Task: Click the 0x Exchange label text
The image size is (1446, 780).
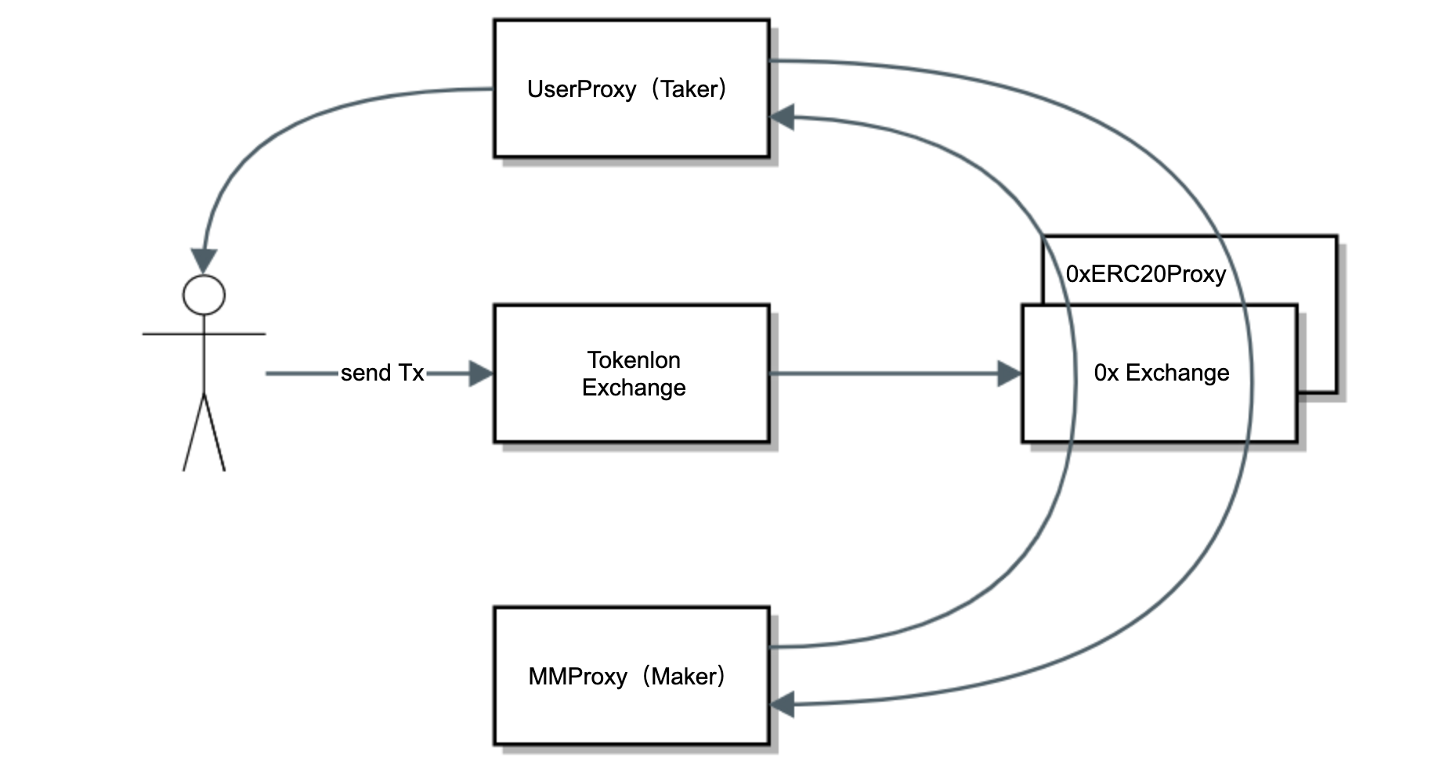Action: click(1161, 373)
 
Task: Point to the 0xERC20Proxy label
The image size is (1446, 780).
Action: click(1145, 274)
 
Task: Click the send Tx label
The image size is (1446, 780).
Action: click(382, 373)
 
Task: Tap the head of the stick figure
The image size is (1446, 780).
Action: click(204, 295)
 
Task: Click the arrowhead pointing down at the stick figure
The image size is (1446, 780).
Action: click(204, 261)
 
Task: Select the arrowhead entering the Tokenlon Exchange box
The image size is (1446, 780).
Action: click(481, 374)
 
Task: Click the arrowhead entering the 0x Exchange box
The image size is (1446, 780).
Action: click(1010, 374)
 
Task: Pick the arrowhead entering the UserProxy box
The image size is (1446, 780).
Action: click(783, 117)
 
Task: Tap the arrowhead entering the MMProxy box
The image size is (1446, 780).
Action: click(783, 704)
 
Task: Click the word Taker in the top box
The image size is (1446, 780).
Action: click(689, 89)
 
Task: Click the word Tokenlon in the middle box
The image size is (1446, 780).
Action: click(634, 360)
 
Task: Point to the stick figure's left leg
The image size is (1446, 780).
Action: click(193, 433)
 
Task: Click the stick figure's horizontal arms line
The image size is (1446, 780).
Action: click(235, 334)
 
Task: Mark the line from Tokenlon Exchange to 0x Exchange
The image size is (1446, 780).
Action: click(885, 374)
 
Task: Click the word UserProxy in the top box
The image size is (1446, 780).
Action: click(581, 89)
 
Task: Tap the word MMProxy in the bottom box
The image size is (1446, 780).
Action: click(577, 676)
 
